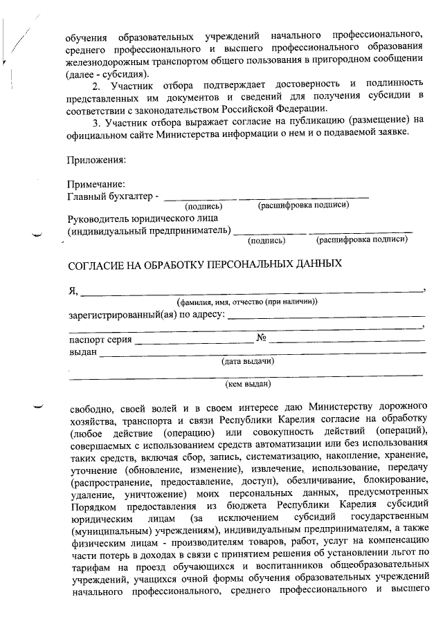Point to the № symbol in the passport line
(x=262, y=338)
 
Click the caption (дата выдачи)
(x=248, y=361)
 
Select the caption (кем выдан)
(x=248, y=383)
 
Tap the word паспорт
(x=85, y=339)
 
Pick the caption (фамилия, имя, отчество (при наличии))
(x=247, y=302)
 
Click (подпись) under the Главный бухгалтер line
(x=203, y=206)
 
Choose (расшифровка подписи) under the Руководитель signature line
(x=361, y=240)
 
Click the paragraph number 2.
(x=96, y=85)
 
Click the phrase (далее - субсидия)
(x=105, y=73)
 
